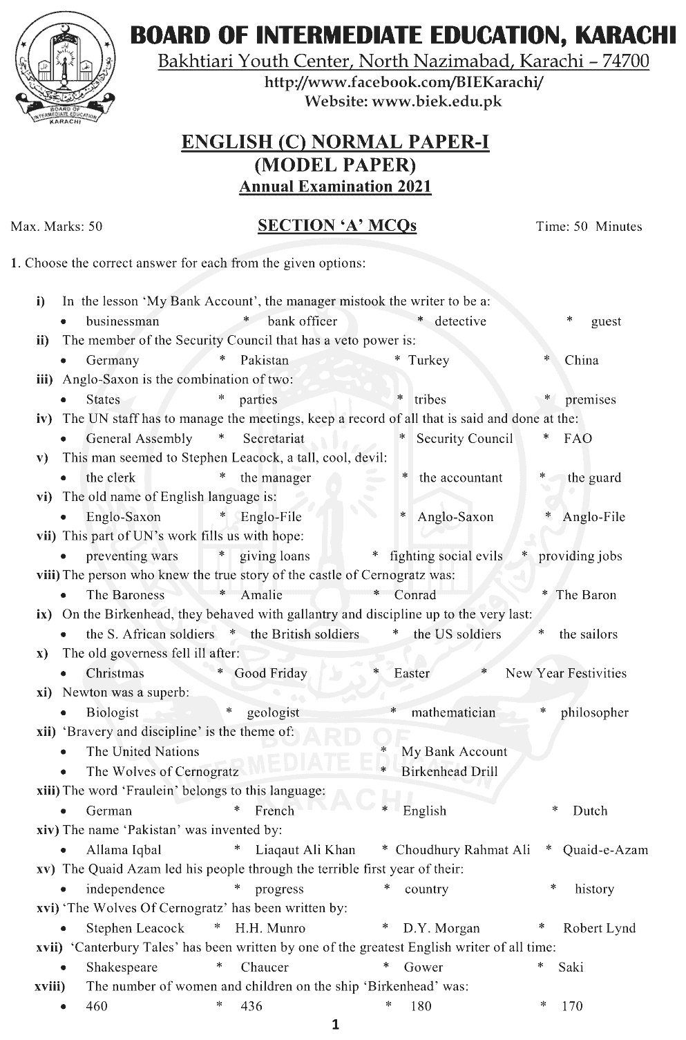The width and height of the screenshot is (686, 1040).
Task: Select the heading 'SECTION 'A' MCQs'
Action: (336, 226)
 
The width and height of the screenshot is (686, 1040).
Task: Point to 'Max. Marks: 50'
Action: (57, 227)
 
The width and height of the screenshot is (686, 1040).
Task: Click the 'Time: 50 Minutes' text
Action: (589, 227)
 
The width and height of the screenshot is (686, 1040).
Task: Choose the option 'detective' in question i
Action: (460, 321)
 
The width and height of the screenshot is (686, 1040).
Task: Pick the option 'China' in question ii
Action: (581, 360)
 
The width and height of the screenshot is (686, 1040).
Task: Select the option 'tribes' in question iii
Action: (430, 399)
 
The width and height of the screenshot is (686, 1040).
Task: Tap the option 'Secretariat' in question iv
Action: (273, 439)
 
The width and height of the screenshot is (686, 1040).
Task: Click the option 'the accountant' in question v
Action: (461, 478)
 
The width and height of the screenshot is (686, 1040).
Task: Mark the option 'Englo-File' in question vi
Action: (271, 517)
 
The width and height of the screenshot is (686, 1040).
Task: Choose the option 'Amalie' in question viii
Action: (261, 595)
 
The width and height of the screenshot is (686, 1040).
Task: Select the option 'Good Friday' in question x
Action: (271, 673)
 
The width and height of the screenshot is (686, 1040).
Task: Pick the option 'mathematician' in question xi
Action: (453, 712)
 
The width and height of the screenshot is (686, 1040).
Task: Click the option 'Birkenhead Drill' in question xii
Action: (449, 772)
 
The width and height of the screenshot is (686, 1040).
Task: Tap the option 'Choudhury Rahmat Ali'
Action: (463, 850)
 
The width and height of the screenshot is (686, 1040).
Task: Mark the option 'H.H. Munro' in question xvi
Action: (270, 928)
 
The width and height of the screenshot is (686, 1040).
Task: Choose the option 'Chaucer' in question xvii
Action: (265, 967)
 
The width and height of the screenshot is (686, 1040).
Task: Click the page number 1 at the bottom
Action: (335, 1025)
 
